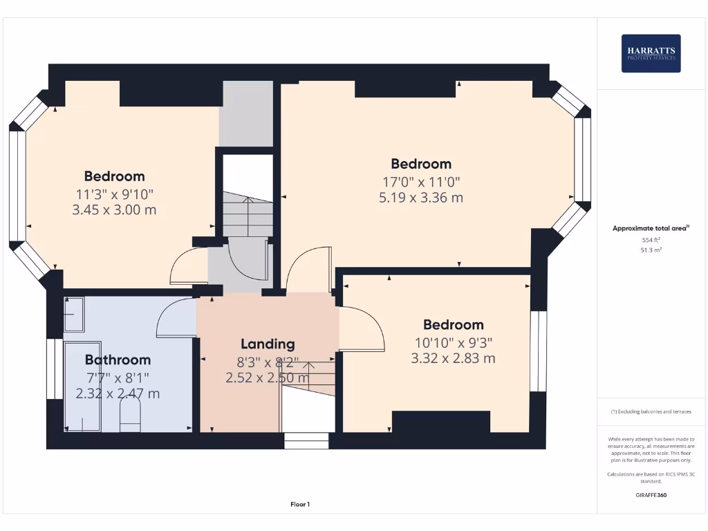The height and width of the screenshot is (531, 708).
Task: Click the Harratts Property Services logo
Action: tap(651, 53)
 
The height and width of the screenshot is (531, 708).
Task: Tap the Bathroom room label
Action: tap(118, 360)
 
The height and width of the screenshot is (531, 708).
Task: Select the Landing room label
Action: tap(268, 344)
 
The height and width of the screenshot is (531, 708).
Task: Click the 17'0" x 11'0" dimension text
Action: tap(421, 182)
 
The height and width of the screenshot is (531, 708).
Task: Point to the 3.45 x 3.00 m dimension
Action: tap(114, 210)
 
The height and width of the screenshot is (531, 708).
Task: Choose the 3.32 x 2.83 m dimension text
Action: tap(453, 359)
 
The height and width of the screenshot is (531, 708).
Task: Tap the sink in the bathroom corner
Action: tap(74, 315)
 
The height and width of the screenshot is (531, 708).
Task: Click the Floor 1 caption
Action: tap(300, 504)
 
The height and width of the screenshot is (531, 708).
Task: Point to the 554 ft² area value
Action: tap(651, 240)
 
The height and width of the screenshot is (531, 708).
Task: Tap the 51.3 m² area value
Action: tap(651, 250)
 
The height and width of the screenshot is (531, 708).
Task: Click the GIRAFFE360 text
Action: tap(651, 495)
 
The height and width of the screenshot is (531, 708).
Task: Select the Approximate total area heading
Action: tap(651, 228)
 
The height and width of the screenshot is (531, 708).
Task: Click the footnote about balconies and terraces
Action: tap(651, 411)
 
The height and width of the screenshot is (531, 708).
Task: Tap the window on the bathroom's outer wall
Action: tap(55, 369)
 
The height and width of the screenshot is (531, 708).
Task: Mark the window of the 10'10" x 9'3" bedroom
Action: tap(538, 351)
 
